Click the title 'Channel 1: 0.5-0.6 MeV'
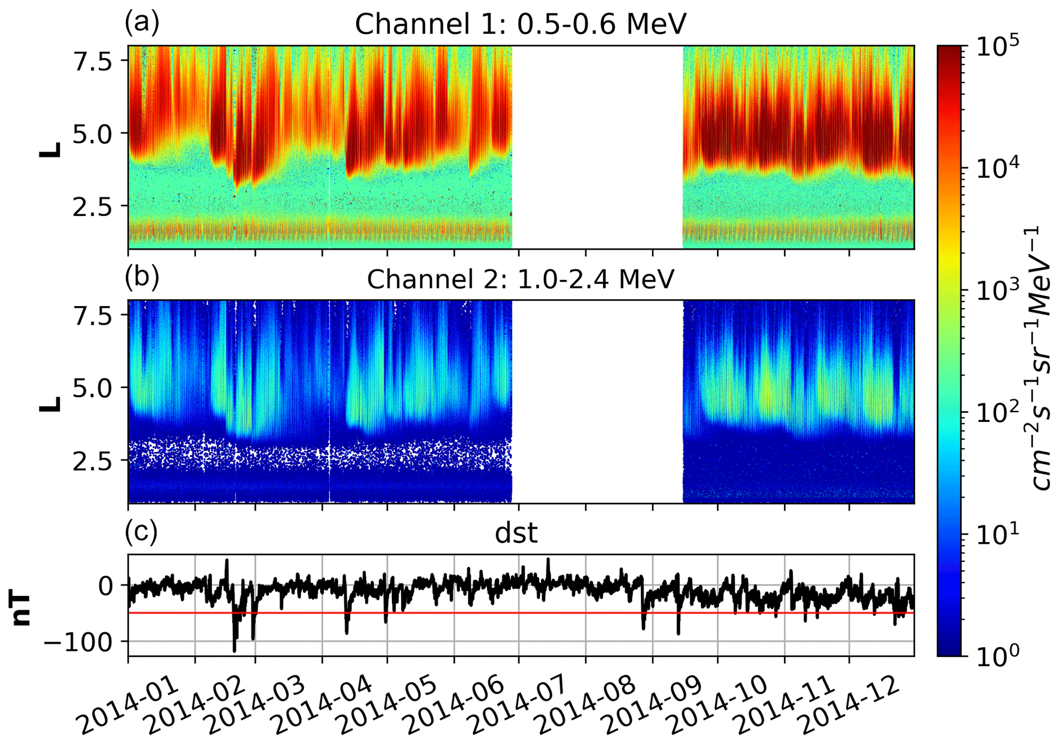[x=520, y=24]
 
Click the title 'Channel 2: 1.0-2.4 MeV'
[x=520, y=279]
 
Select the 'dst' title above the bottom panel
[x=516, y=534]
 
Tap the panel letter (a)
[x=142, y=23]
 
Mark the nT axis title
[x=22, y=609]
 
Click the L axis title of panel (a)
[x=50, y=148]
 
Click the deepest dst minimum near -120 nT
[x=235, y=651]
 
